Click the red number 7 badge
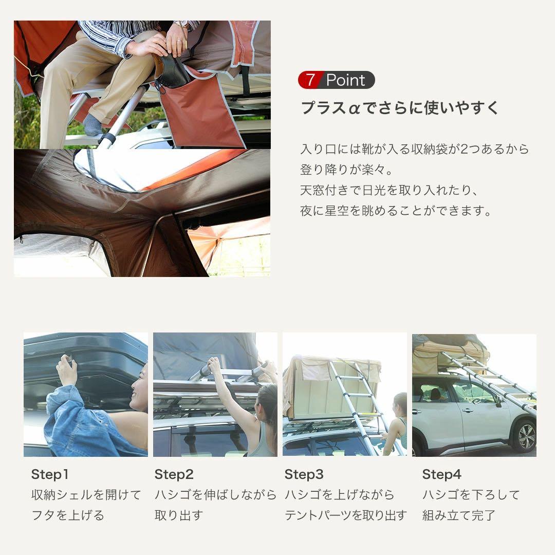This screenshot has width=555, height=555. pyautogui.click(x=310, y=80)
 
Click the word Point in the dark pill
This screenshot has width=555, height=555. pyautogui.click(x=345, y=80)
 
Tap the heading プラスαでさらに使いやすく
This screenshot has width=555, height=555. pyautogui.click(x=400, y=108)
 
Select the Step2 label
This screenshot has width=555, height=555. pyautogui.click(x=174, y=474)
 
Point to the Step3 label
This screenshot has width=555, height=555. pyautogui.click(x=304, y=474)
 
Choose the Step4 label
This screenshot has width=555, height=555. pyautogui.click(x=441, y=474)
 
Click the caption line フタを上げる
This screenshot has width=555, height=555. pyautogui.click(x=68, y=515)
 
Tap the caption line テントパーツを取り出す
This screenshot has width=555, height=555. pyautogui.click(x=345, y=515)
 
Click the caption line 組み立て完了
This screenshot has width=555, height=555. pyautogui.click(x=459, y=515)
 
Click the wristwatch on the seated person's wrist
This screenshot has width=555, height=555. pyautogui.click(x=181, y=24)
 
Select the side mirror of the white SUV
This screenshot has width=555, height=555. pyautogui.click(x=497, y=400)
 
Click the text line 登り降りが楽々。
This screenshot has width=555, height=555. pyautogui.click(x=347, y=170)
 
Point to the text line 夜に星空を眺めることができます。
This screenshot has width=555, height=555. pyautogui.click(x=396, y=211)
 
